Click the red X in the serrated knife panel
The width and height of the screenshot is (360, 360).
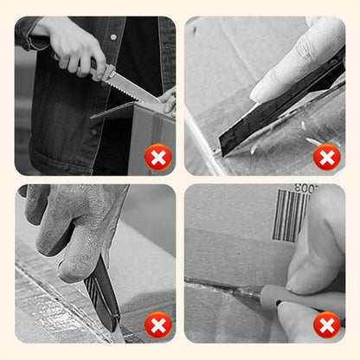pos(158,157)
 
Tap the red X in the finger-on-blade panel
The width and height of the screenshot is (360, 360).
pos(326,157)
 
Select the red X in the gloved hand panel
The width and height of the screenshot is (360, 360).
pos(158,325)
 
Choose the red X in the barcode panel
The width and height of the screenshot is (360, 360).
pos(326,325)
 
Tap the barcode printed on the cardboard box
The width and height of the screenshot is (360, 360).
pos(291,215)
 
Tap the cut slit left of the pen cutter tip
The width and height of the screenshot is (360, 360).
pos(208,284)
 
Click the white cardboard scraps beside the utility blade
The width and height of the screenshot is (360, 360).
pos(312,138)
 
